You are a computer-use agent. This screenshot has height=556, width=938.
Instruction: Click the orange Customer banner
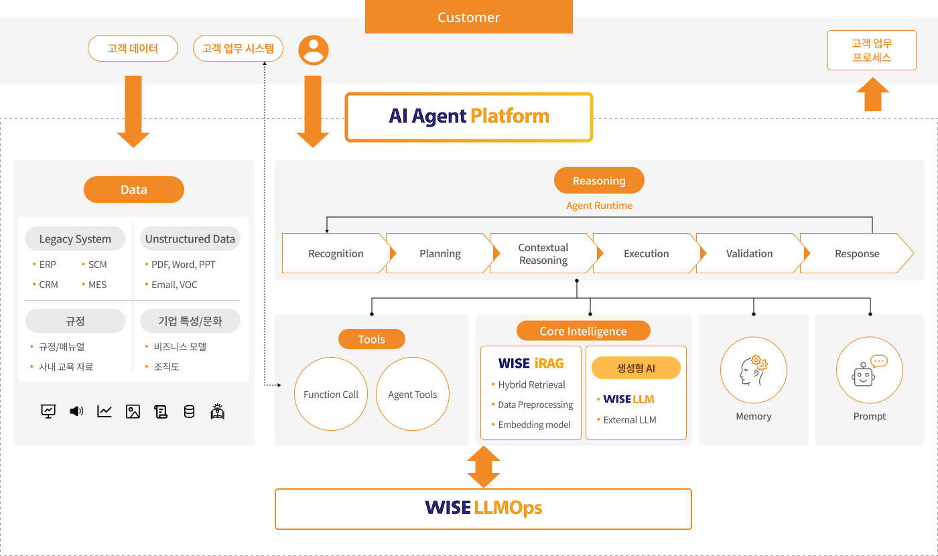tap(468, 17)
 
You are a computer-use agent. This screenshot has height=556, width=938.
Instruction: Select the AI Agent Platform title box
tap(468, 117)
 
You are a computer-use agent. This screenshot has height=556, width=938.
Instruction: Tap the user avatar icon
tap(314, 50)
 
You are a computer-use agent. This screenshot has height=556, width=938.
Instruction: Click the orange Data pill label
tap(133, 190)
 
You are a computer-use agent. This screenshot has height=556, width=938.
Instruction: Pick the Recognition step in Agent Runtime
tap(336, 253)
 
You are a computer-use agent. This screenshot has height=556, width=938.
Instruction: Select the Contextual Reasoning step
tap(543, 253)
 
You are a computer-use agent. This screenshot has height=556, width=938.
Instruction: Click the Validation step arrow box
tap(750, 253)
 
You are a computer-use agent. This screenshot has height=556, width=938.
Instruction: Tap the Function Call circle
tap(331, 394)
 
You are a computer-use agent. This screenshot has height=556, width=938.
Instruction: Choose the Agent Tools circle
tap(413, 394)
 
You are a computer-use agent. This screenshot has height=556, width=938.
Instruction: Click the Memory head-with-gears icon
tap(753, 370)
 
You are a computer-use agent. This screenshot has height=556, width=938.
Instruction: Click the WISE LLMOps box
tap(483, 508)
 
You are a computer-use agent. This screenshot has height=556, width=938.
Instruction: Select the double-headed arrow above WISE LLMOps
tap(484, 467)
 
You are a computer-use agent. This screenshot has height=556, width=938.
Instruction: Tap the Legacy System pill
tap(75, 238)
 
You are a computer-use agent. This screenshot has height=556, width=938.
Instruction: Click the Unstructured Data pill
tap(190, 238)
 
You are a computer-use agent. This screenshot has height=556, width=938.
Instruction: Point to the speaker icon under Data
tap(76, 411)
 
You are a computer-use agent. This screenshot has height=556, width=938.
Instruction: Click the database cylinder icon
tap(189, 411)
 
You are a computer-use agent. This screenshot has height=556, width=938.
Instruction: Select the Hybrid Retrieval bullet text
tap(531, 385)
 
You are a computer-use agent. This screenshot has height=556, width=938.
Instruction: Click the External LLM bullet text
tap(630, 419)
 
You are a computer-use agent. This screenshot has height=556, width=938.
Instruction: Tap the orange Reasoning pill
tap(599, 180)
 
